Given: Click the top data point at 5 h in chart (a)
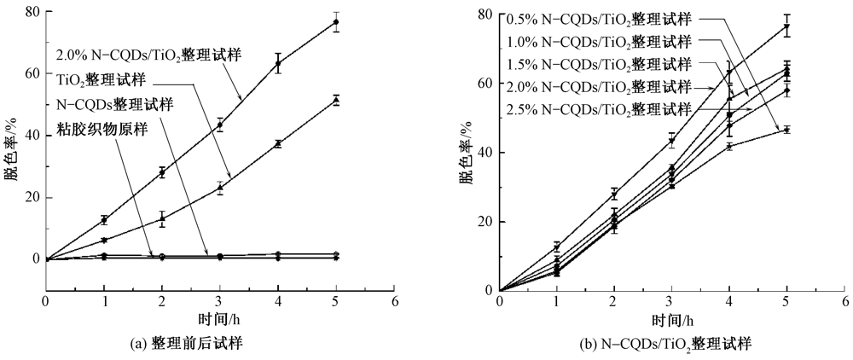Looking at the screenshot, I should [336, 22].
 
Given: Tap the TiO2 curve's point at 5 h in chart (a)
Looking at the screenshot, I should [336, 101].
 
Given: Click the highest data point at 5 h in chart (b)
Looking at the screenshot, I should [786, 27].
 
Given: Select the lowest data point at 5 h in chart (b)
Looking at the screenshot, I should [786, 130].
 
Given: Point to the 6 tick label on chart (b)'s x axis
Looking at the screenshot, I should [844, 303].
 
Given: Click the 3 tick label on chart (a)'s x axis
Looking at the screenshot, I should [219, 301].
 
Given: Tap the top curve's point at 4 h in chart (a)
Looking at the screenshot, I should [278, 63].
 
